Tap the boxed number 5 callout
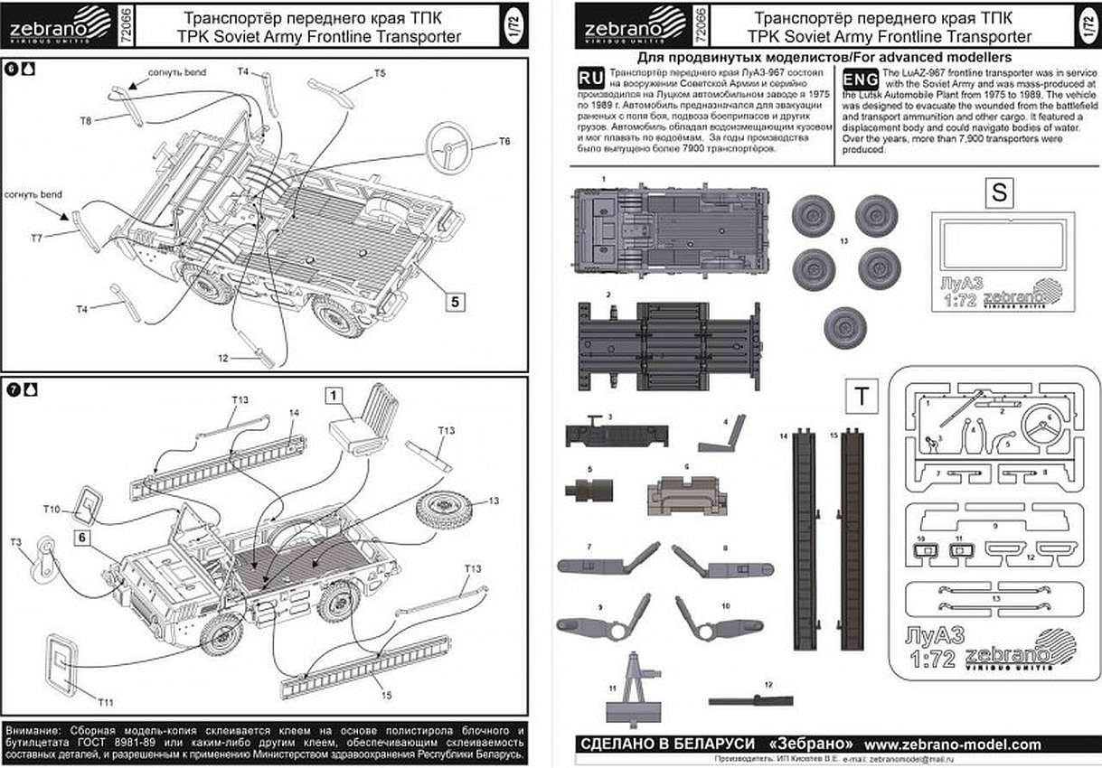click(456, 301)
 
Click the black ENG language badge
click(860, 80)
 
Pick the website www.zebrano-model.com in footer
click(952, 745)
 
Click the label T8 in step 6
click(85, 120)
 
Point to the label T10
click(51, 510)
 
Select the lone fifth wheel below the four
click(845, 326)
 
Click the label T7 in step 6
click(36, 237)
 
